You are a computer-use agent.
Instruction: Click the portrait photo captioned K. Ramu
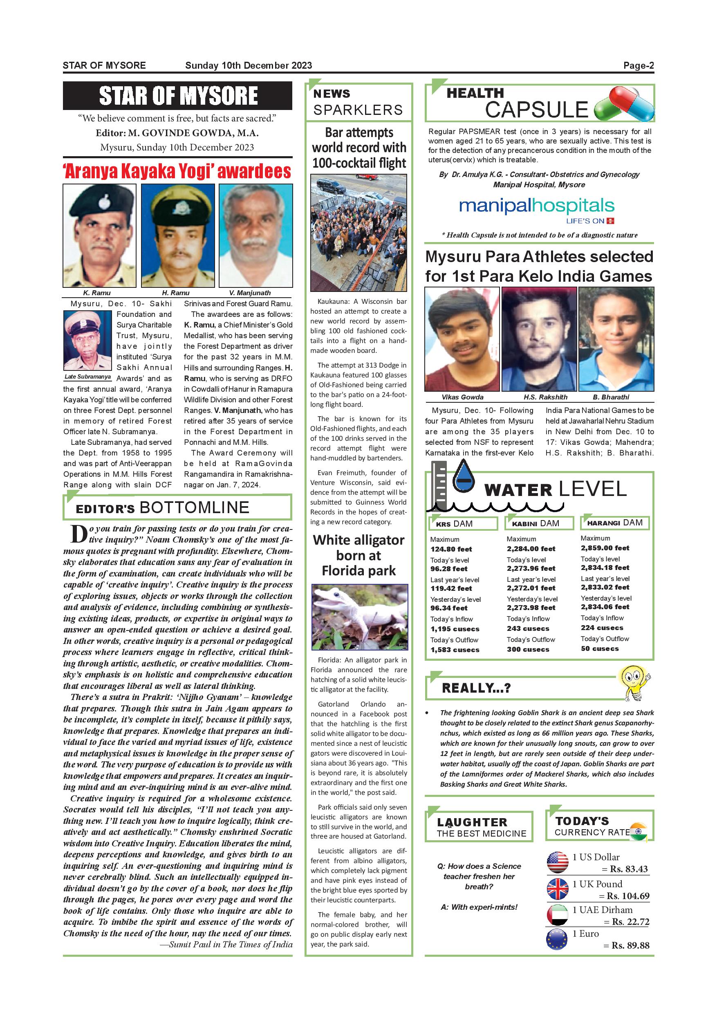[x=99, y=236]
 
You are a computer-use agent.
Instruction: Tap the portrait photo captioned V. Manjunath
[x=255, y=236]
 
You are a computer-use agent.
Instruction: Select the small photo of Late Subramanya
[x=87, y=340]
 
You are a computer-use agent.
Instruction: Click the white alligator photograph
[x=359, y=617]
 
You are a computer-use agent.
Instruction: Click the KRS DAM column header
[x=463, y=524]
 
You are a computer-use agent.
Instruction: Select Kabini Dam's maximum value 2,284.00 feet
[x=531, y=549]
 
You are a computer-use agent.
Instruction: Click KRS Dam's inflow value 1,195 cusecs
[x=455, y=629]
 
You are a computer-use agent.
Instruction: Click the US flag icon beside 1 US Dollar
[x=557, y=861]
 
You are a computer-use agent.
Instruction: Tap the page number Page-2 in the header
[x=639, y=66]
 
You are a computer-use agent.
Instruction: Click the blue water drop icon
[x=464, y=478]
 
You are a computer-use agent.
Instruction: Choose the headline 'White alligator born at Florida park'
[x=358, y=555]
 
